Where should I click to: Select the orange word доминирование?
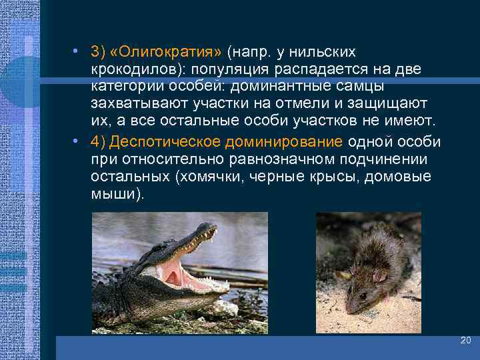(x=293, y=142)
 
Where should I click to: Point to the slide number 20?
(x=465, y=341)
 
